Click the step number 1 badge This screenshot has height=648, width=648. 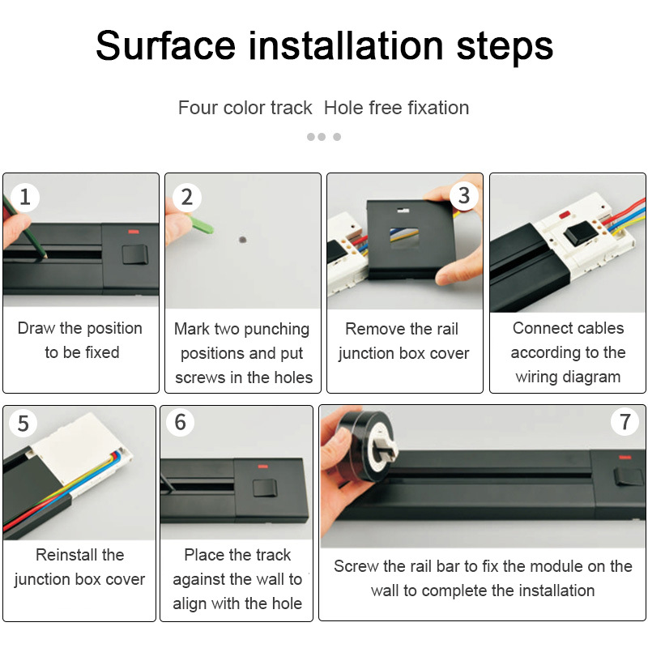[x=25, y=197]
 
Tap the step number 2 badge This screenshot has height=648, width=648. [x=187, y=197]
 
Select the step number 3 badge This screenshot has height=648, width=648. [x=464, y=195]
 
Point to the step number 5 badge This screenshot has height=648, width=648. [x=23, y=423]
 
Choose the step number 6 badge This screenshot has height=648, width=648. [x=180, y=422]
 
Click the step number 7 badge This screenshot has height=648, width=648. [x=625, y=421]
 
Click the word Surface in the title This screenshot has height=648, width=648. [x=165, y=45]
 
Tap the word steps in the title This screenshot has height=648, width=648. [x=505, y=49]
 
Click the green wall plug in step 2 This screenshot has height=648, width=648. [x=200, y=224]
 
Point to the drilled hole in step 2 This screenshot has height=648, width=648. [x=242, y=240]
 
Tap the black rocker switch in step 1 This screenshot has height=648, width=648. [x=134, y=254]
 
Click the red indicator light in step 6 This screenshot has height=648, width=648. [x=262, y=467]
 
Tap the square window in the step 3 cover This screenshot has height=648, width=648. [x=403, y=238]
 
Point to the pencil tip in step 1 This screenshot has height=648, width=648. [x=45, y=257]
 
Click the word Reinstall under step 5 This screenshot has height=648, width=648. [x=79, y=555]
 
